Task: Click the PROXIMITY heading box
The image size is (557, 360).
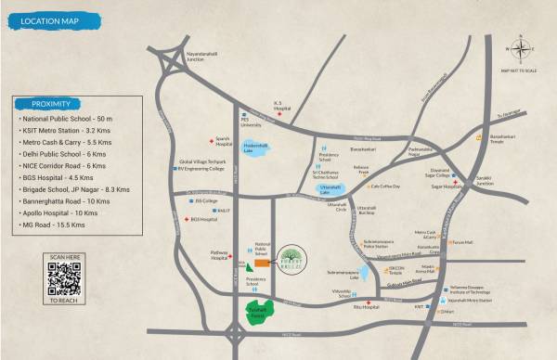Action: click(50, 104)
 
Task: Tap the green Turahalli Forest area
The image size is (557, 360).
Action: click(259, 314)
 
